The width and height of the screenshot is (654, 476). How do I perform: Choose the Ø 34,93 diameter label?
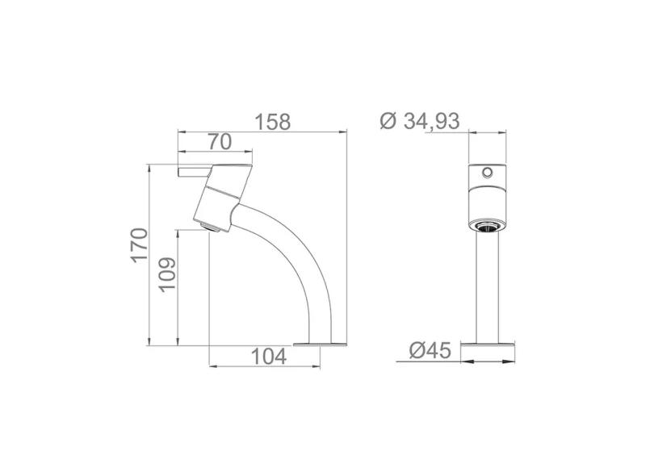[x=419, y=122]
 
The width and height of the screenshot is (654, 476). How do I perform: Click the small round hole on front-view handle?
[x=488, y=173]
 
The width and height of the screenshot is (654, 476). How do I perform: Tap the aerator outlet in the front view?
[x=488, y=227]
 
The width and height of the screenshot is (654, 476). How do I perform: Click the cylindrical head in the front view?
[x=488, y=194]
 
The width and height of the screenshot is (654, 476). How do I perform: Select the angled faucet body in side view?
[x=220, y=194]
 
